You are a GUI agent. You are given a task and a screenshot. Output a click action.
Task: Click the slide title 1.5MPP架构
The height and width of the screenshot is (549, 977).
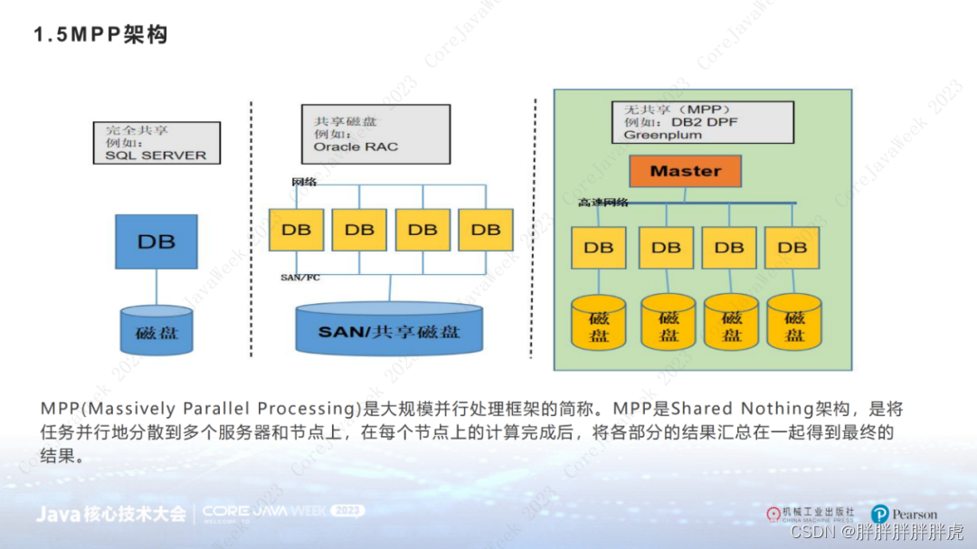pyautogui.click(x=100, y=35)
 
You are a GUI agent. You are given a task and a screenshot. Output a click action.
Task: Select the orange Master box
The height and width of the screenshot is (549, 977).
pyautogui.click(x=686, y=171)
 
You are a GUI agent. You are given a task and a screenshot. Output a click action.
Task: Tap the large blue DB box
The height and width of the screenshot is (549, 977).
pyautogui.click(x=157, y=241)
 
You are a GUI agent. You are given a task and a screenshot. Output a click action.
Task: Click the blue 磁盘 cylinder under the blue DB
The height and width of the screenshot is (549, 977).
pyautogui.click(x=157, y=330)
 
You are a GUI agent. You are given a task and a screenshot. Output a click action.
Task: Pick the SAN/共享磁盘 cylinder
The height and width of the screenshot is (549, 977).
pyautogui.click(x=389, y=332)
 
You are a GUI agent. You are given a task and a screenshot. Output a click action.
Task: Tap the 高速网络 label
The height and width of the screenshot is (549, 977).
pyautogui.click(x=603, y=202)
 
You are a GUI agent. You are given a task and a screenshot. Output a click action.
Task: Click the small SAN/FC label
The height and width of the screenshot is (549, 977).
pyautogui.click(x=299, y=278)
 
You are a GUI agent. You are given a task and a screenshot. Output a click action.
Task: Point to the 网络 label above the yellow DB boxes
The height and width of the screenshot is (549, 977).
pyautogui.click(x=304, y=182)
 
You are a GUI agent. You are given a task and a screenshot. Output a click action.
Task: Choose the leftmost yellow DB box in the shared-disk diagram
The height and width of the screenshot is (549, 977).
pyautogui.click(x=296, y=230)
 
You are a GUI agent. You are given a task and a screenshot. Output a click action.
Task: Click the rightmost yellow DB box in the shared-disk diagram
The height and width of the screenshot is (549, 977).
pyautogui.click(x=486, y=230)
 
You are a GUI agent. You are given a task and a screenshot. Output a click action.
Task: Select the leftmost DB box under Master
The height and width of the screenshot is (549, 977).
pyautogui.click(x=598, y=247)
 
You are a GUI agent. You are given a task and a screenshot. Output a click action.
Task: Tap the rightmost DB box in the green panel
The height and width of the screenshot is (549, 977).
pyautogui.click(x=792, y=247)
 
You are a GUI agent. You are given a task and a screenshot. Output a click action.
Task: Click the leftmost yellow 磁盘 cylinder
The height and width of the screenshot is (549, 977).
pyautogui.click(x=599, y=324)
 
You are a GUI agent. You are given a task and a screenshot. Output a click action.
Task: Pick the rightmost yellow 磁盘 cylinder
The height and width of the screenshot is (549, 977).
pyautogui.click(x=794, y=324)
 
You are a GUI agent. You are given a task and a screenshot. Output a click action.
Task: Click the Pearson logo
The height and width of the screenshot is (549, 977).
pyautogui.click(x=904, y=514)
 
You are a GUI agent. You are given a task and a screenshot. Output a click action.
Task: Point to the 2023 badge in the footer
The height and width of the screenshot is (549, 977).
pyautogui.click(x=346, y=511)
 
